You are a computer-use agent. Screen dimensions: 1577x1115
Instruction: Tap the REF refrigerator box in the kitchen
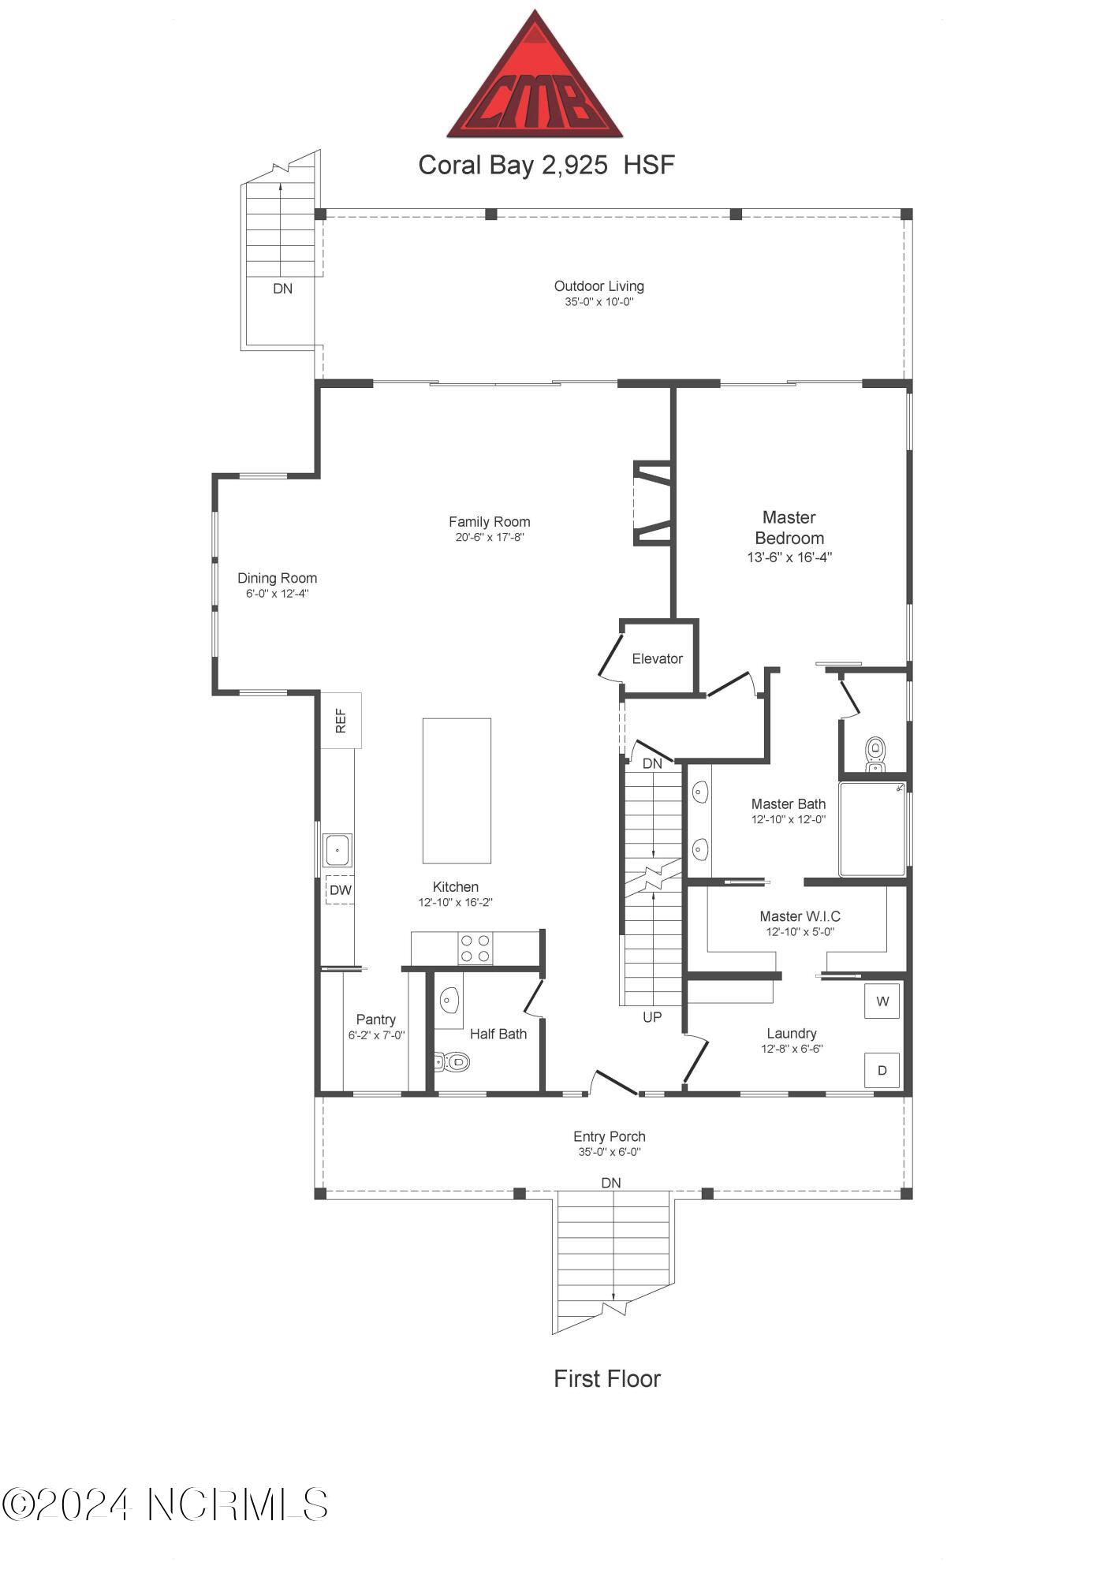click(x=341, y=720)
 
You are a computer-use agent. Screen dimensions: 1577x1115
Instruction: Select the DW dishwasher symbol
click(x=340, y=889)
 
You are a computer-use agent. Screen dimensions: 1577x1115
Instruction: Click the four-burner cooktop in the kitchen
click(x=475, y=948)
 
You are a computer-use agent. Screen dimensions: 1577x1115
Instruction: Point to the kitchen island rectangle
click(x=457, y=790)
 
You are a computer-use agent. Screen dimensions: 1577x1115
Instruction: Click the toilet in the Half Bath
click(x=453, y=1062)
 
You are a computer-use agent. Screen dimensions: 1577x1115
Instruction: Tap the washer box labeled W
click(x=882, y=1001)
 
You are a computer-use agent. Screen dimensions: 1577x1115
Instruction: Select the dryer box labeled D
click(x=882, y=1070)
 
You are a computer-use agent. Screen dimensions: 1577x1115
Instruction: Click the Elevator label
click(x=657, y=658)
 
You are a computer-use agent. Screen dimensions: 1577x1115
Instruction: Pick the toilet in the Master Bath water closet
click(x=874, y=753)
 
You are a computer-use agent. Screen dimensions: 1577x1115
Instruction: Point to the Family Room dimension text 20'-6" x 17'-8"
click(x=489, y=537)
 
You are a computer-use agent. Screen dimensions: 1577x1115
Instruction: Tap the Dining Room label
click(x=277, y=578)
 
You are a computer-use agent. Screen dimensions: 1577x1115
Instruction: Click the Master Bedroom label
click(x=789, y=528)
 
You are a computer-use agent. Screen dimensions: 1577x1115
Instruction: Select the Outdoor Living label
click(x=599, y=286)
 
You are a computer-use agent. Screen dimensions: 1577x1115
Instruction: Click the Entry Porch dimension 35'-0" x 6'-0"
click(x=609, y=1151)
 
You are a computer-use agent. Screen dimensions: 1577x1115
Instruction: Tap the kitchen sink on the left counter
click(x=337, y=850)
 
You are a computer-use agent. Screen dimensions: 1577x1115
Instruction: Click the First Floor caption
click(x=606, y=1378)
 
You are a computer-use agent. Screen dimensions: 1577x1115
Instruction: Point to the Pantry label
click(x=375, y=1020)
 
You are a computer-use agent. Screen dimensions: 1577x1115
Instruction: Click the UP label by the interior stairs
click(x=651, y=1017)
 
